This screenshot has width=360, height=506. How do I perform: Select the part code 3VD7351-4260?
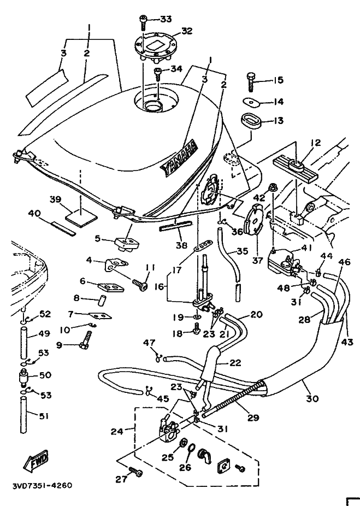pos(42,485)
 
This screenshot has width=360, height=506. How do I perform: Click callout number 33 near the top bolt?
pos(166,19)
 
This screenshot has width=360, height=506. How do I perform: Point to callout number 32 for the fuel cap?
pos(187,31)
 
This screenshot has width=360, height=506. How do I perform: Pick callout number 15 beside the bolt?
pos(278,80)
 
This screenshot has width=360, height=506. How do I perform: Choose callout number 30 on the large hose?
pos(312,398)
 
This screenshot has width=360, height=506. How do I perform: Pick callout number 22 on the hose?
pos(235,362)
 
